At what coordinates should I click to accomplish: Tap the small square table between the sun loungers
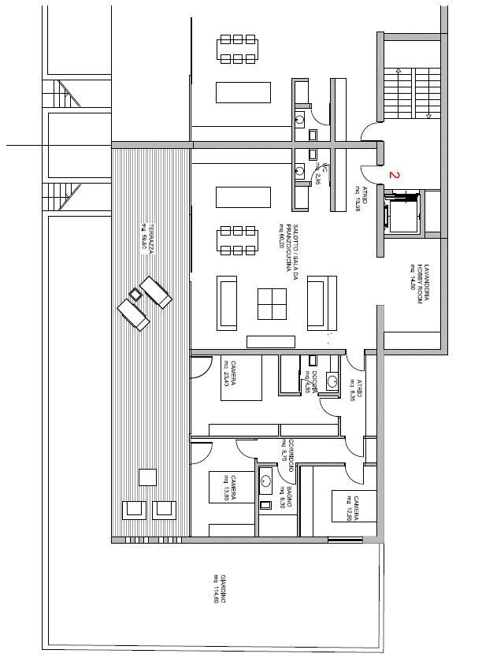[x=135, y=295]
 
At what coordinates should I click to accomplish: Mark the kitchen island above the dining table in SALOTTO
[x=243, y=196]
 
